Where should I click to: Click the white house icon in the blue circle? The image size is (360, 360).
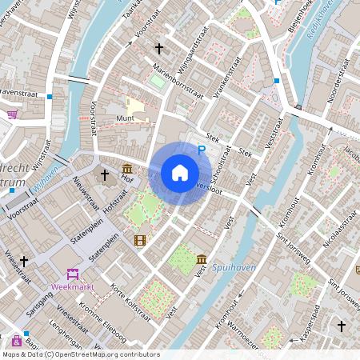[180, 172]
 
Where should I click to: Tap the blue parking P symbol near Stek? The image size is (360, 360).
[202, 150]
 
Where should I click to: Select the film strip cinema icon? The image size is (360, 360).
[141, 239]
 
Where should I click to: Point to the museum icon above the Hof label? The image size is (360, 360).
[128, 169]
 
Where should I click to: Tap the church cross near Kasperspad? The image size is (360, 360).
[342, 326]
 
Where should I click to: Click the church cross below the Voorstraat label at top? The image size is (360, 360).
[158, 48]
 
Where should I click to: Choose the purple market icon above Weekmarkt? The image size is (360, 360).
[73, 274]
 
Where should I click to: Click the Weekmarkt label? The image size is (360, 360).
[73, 285]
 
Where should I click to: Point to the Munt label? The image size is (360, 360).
[126, 118]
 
